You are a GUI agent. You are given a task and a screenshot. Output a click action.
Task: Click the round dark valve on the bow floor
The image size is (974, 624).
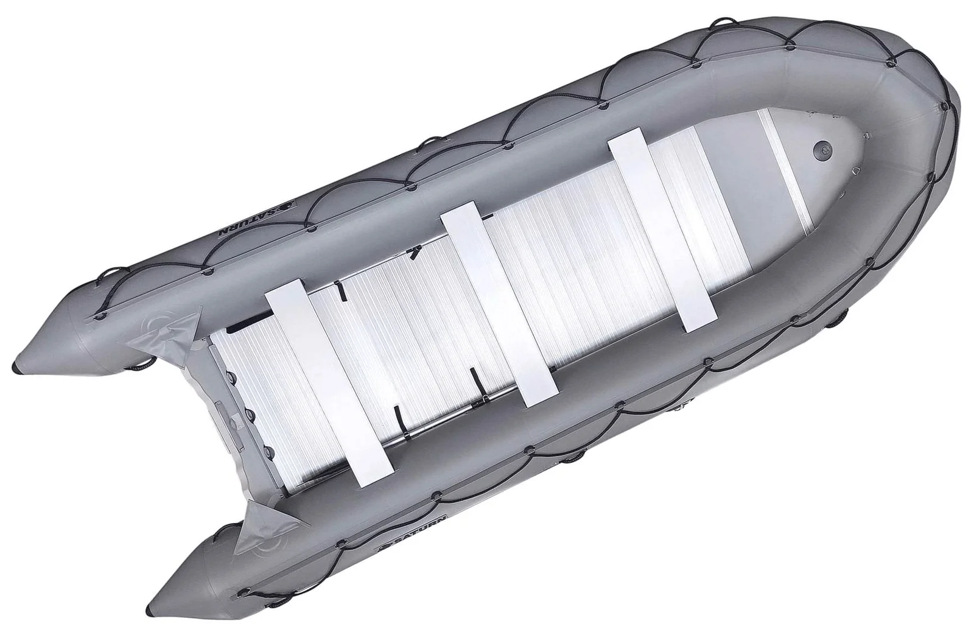click(821, 149)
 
